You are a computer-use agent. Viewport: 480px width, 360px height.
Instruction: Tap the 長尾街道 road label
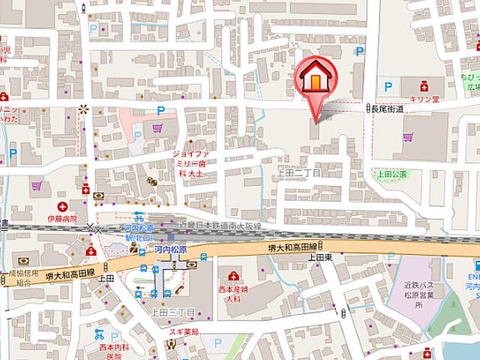point(387,109)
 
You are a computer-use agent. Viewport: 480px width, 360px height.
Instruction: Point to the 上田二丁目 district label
point(298,172)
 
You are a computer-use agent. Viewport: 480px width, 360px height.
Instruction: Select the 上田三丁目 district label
point(172,312)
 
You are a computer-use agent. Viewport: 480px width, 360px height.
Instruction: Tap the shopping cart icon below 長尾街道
point(408,137)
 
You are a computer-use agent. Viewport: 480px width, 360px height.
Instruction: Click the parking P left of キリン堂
point(388,87)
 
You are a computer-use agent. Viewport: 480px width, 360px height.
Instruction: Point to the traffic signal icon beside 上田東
point(321,246)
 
